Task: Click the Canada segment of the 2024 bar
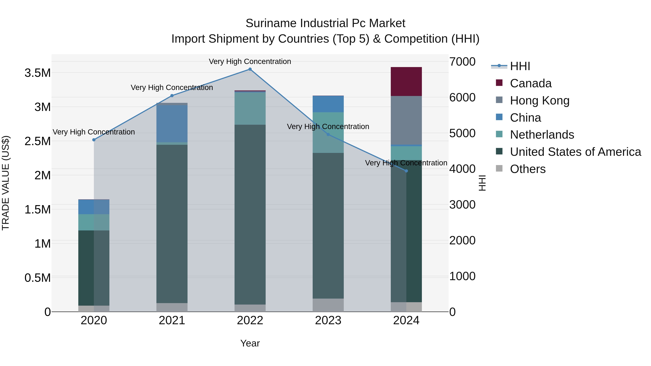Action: tap(406, 81)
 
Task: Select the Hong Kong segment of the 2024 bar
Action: tap(406, 120)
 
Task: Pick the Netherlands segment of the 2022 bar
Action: tap(250, 108)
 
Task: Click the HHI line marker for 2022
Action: tap(250, 69)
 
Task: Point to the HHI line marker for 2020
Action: tap(94, 140)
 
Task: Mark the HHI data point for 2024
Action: tap(406, 171)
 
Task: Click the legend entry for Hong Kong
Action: tap(540, 100)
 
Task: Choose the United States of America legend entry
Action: tap(575, 152)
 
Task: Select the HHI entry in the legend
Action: tap(520, 66)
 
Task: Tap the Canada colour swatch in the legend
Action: tap(499, 83)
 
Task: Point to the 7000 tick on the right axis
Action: tap(462, 62)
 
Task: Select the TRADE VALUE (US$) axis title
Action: tap(6, 183)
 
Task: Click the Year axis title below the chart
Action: tap(250, 343)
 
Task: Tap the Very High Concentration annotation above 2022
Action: tap(250, 61)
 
